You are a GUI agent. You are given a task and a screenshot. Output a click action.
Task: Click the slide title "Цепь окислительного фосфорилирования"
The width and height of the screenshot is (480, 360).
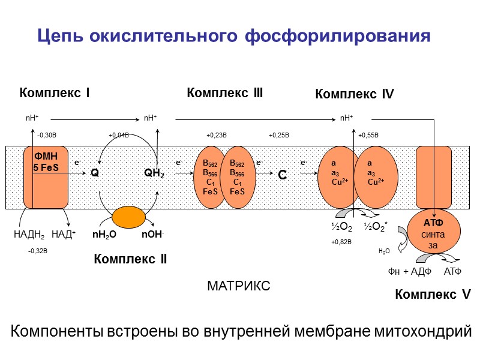pos(234,36)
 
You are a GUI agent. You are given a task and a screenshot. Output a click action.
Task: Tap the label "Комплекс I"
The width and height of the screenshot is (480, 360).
pos(55,93)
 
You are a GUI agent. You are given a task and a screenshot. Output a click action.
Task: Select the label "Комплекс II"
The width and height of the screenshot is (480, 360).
pos(130,259)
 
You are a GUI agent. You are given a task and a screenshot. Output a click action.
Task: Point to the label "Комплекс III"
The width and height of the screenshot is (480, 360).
pos(225,93)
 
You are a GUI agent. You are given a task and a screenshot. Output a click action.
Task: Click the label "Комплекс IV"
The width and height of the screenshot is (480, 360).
pos(354,94)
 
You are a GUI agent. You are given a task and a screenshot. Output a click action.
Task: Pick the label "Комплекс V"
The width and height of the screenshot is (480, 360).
pos(433,295)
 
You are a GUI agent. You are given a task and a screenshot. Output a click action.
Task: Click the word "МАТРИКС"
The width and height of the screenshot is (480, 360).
pos(238,286)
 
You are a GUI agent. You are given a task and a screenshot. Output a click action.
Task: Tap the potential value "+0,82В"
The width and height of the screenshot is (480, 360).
pos(341,242)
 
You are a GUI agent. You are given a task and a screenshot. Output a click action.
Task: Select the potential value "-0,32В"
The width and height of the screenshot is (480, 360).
pos(37,251)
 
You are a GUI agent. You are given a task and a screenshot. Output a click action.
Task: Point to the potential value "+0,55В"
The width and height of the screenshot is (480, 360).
pos(368,135)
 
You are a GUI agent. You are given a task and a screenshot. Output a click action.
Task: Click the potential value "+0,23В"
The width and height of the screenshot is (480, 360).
pos(216,135)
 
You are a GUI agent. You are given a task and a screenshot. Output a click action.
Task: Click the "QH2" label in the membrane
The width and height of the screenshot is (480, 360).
pos(154,173)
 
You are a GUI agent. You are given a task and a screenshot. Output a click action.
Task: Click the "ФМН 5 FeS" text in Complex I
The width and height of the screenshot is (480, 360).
pos(46,163)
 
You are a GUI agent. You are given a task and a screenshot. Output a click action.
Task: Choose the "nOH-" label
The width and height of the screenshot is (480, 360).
pos(153,235)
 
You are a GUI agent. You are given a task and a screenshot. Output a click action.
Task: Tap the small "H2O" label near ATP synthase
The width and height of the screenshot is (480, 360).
pos(384,251)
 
